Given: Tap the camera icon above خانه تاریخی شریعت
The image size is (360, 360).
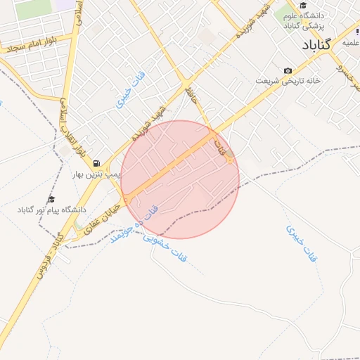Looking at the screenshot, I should click(x=288, y=71).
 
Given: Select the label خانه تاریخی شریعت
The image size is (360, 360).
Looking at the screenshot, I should click(x=288, y=82).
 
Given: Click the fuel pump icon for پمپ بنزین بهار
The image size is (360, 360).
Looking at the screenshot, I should click(x=96, y=162).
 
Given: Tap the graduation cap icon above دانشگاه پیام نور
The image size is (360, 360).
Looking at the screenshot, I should click(x=51, y=200).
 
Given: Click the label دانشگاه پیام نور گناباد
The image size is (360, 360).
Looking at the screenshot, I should click(x=51, y=210).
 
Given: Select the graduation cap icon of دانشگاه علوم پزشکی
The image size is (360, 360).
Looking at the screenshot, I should click(x=303, y=6).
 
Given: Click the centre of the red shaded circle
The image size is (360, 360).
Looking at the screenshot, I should click(x=180, y=179).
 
